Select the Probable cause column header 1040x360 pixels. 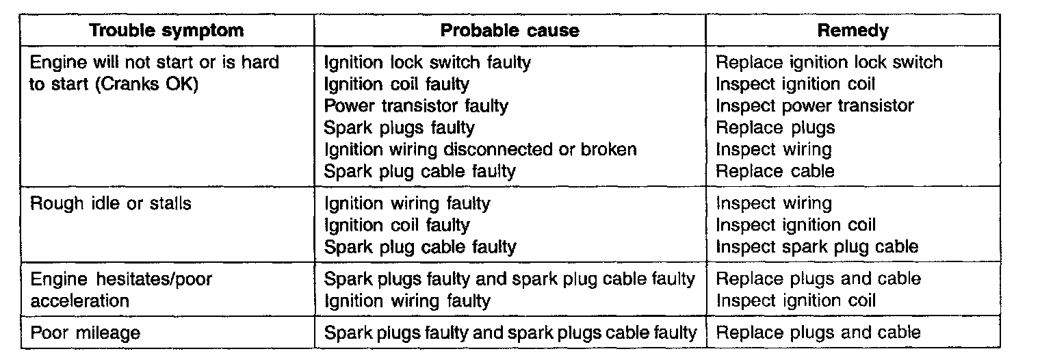[x=510, y=31]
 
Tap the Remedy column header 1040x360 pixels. [x=853, y=31]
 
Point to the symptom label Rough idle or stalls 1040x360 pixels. [x=111, y=203]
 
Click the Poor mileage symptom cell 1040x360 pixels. [x=86, y=333]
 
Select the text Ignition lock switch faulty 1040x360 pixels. [x=427, y=62]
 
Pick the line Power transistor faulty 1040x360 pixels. [x=416, y=106]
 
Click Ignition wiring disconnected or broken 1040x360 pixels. [x=480, y=150]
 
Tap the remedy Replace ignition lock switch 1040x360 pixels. [x=829, y=62]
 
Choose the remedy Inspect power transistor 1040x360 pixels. [x=814, y=106]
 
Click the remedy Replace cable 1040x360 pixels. [x=775, y=171]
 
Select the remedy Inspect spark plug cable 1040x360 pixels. [x=817, y=246]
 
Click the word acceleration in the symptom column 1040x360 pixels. [x=80, y=300]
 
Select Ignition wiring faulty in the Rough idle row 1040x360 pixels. [x=406, y=203]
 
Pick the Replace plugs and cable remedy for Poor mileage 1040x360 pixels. [x=818, y=333]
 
